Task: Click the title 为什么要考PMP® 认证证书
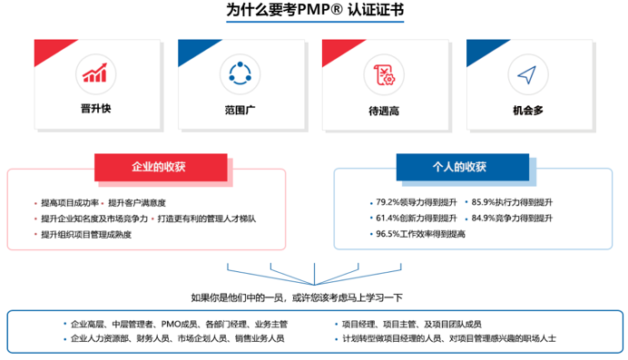click(x=314, y=12)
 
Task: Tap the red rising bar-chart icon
click(x=95, y=73)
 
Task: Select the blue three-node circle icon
click(x=240, y=73)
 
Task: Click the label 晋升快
click(x=95, y=111)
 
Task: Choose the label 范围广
click(x=240, y=111)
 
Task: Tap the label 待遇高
click(x=384, y=112)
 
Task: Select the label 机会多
click(x=527, y=112)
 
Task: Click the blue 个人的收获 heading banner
click(x=459, y=167)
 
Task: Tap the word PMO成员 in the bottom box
click(x=177, y=323)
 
